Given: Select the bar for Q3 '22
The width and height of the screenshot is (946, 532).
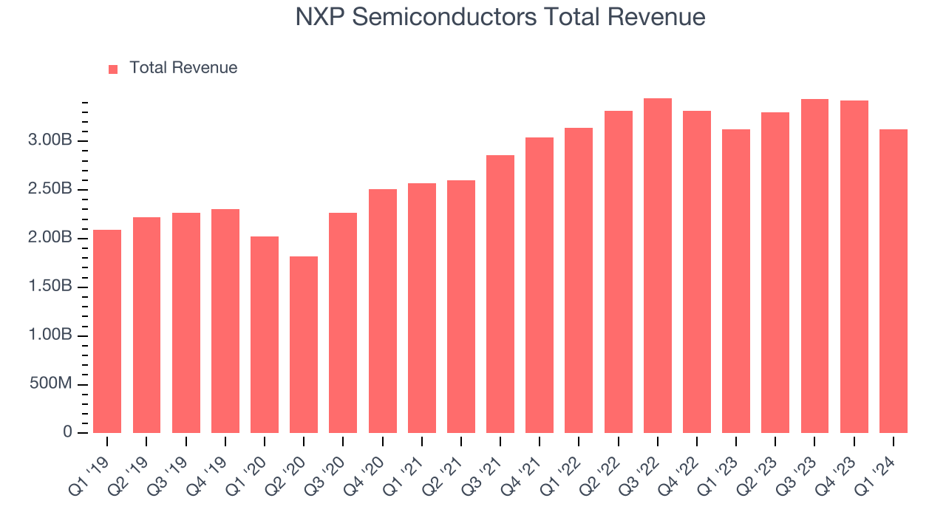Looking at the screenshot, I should point(657,265).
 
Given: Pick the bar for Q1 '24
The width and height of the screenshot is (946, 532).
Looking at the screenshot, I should point(893,281).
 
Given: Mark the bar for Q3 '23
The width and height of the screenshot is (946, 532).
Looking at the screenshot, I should point(814,266).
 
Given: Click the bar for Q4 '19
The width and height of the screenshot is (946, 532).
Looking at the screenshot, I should point(225,321).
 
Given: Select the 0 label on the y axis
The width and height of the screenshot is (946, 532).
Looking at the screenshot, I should point(68,432).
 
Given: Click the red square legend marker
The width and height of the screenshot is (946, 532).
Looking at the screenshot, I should point(113,69).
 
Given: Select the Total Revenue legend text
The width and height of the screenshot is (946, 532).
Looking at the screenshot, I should point(183,68).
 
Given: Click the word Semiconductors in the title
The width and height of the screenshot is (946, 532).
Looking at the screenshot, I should point(438,17).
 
